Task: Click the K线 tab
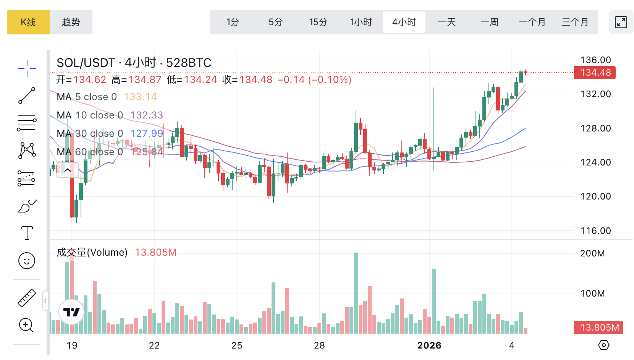click(28, 22)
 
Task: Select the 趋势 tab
click(71, 22)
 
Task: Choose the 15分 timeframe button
click(318, 22)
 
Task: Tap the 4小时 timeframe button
click(404, 22)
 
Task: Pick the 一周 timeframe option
click(489, 22)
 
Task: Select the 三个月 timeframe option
click(575, 22)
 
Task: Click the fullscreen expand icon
click(621, 22)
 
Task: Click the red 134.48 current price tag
click(595, 73)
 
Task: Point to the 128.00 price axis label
click(595, 128)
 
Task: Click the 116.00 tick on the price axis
click(595, 231)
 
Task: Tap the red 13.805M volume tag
click(598, 328)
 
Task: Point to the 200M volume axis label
click(592, 253)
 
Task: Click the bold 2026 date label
click(429, 345)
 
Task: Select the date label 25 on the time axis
click(237, 345)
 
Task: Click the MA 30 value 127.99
click(147, 133)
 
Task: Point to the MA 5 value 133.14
click(140, 97)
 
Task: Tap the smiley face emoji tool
click(27, 261)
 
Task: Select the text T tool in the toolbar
click(27, 233)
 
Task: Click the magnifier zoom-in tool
click(26, 325)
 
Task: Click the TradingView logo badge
click(71, 312)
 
